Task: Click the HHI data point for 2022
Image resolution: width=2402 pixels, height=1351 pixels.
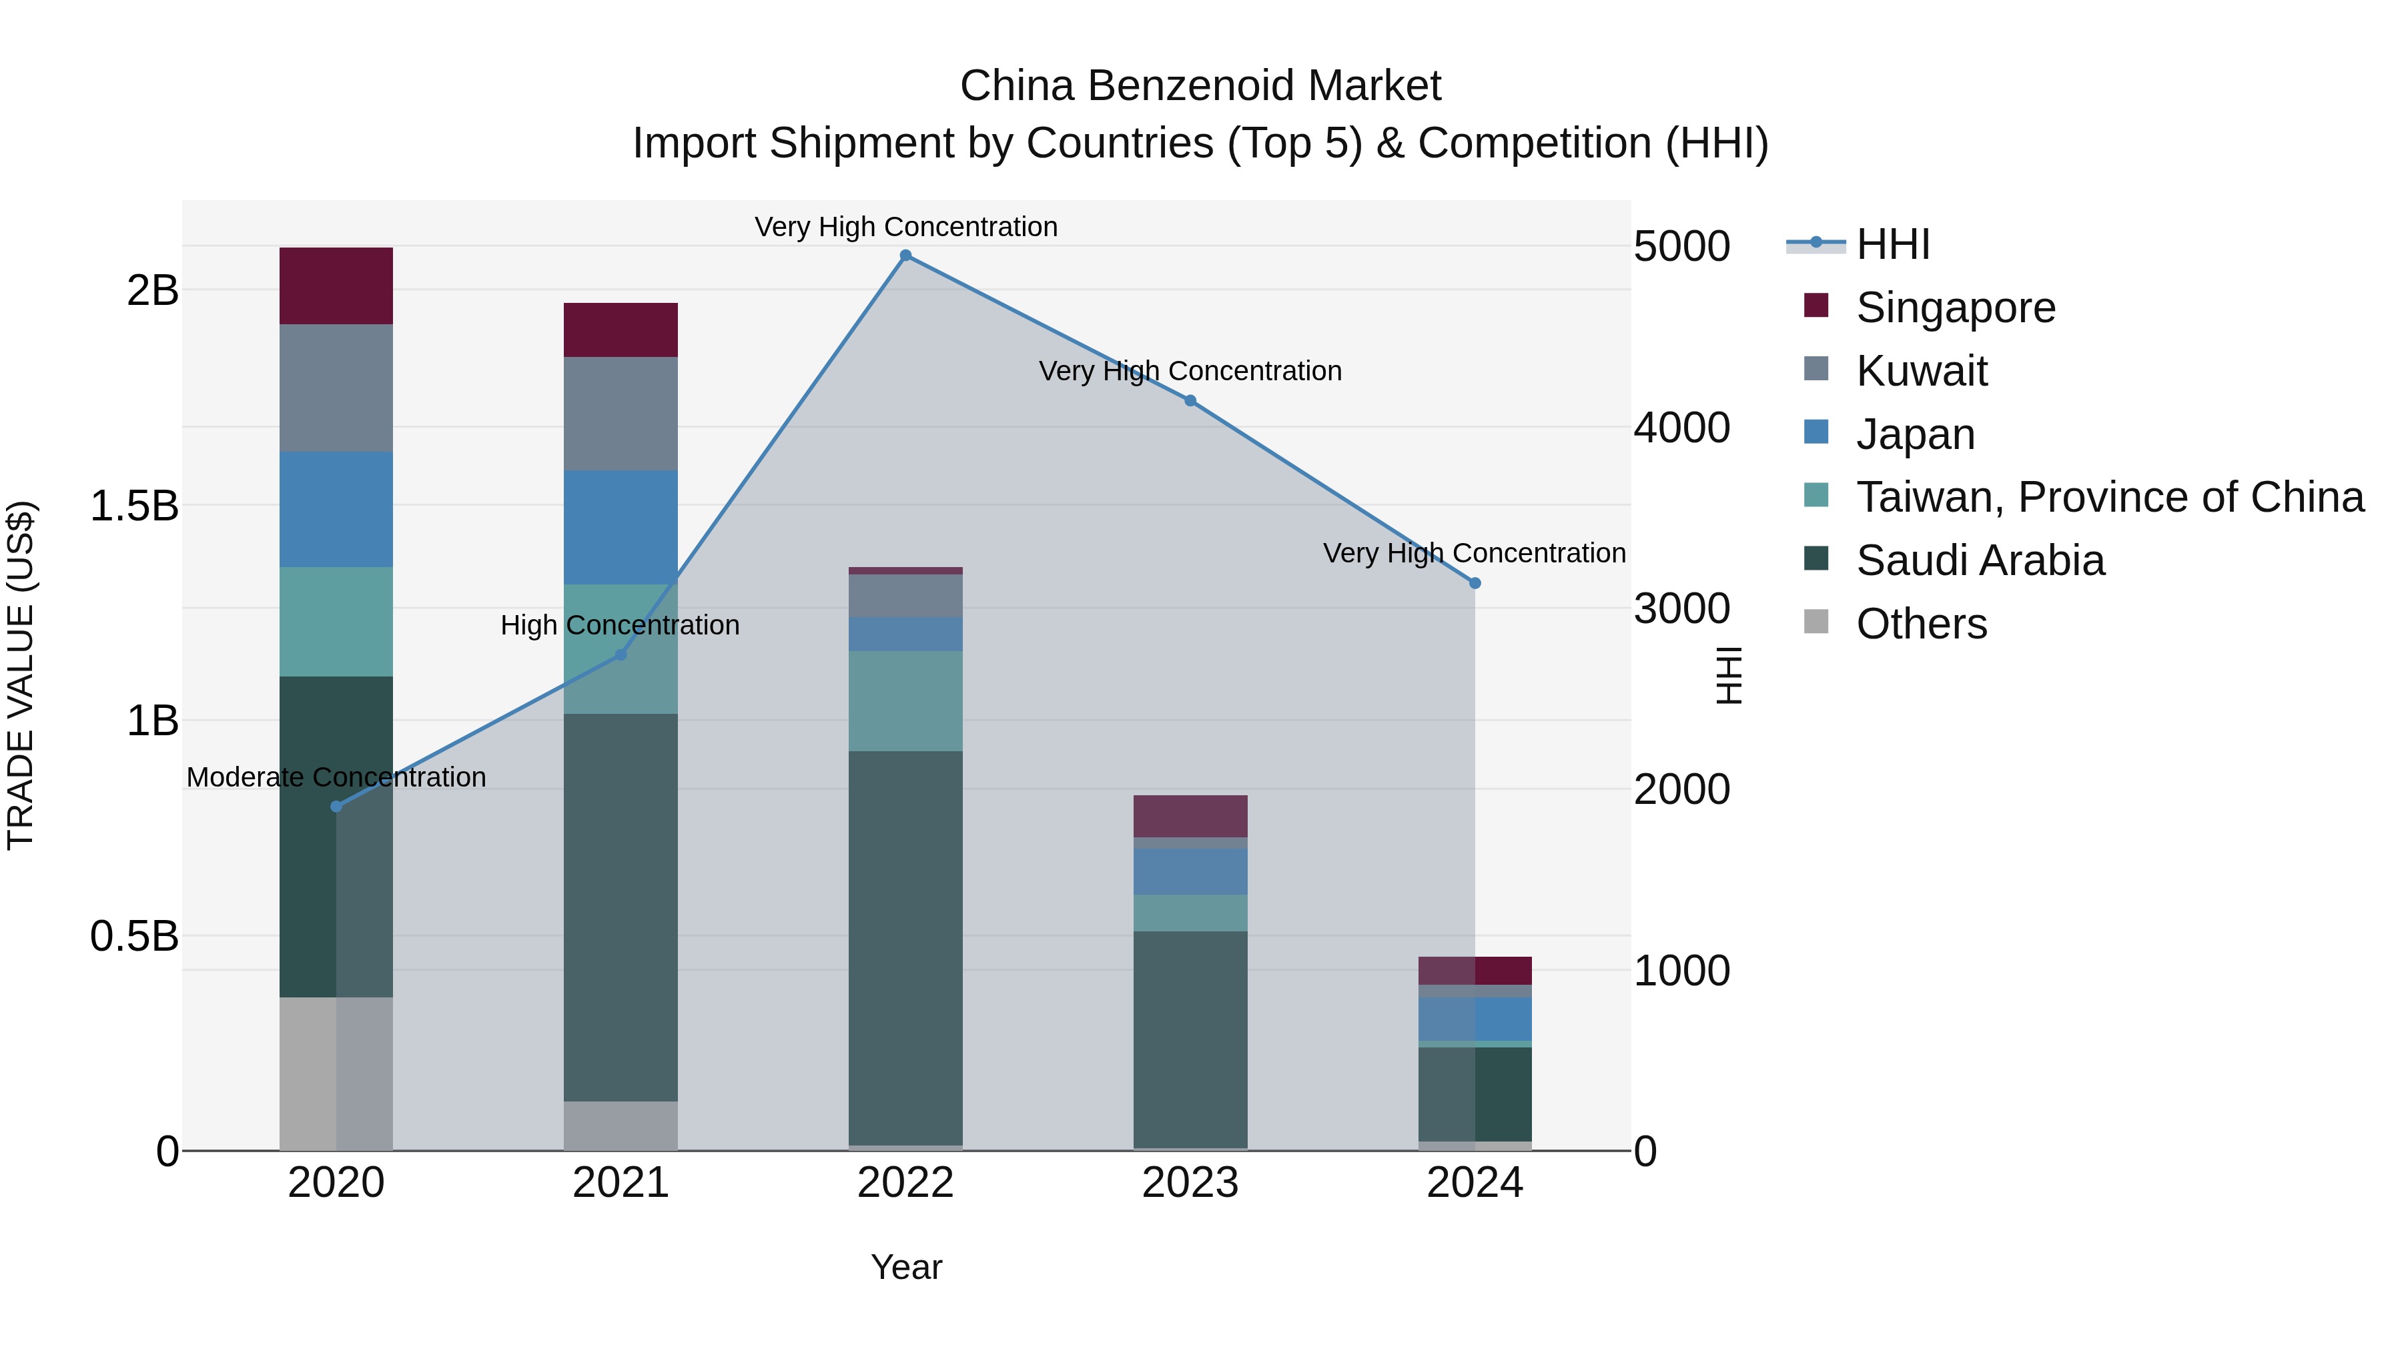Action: point(905,256)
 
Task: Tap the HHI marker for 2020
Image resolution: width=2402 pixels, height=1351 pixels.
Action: point(337,807)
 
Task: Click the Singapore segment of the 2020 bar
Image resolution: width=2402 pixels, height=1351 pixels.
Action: point(337,286)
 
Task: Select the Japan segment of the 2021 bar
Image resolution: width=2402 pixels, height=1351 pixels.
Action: point(621,527)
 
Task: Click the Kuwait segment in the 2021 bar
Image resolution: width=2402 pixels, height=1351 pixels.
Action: point(621,413)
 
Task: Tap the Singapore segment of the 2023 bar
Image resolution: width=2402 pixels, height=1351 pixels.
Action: point(1190,816)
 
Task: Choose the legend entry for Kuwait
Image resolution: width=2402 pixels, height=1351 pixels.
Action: point(1921,371)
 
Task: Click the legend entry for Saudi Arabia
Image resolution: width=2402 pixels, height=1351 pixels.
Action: point(1980,560)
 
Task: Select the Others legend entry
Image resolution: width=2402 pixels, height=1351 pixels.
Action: point(1921,624)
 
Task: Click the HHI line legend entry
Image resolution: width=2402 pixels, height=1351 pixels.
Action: point(1892,244)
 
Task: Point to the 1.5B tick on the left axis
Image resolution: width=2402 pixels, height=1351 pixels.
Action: point(134,506)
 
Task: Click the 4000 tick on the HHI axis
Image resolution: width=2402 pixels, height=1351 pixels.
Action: point(1682,428)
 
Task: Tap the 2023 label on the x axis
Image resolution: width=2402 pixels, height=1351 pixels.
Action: point(1190,1183)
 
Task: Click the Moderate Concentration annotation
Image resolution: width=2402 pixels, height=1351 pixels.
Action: point(337,777)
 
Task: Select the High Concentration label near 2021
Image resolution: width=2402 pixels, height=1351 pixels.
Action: point(620,624)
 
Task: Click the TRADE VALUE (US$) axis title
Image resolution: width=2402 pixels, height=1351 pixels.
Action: point(21,675)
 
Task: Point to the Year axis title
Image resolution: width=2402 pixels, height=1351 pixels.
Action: point(906,1267)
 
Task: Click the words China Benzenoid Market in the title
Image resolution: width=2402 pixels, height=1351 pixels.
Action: point(1200,86)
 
